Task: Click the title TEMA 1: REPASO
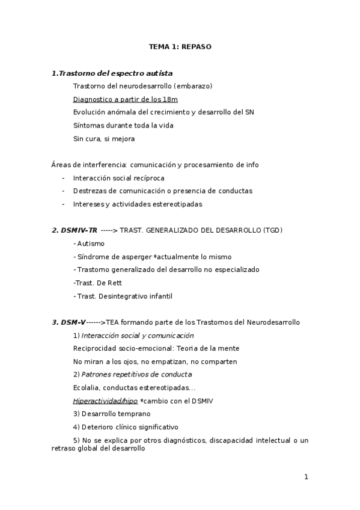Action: pyautogui.click(x=180, y=46)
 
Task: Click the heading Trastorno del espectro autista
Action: pyautogui.click(x=115, y=73)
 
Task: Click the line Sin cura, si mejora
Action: pyautogui.click(x=103, y=139)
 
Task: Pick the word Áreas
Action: pyautogui.click(x=62, y=165)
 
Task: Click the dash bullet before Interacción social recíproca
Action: pyautogui.click(x=63, y=178)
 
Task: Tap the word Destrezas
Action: pyautogui.click(x=91, y=191)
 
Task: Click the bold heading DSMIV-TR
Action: pyautogui.click(x=75, y=230)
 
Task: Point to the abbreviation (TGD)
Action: pyautogui.click(x=272, y=230)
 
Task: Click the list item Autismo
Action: pyautogui.click(x=90, y=244)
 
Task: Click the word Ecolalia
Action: pyautogui.click(x=87, y=387)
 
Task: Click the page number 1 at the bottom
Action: pyautogui.click(x=306, y=477)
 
